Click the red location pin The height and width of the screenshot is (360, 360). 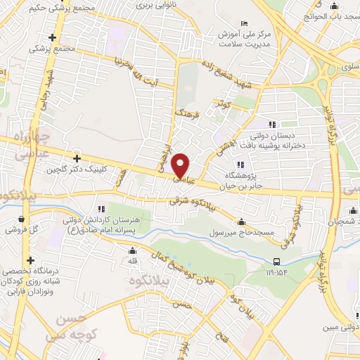181,165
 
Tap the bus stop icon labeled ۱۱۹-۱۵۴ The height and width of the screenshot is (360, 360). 276,262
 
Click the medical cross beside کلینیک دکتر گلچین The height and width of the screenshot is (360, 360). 77,159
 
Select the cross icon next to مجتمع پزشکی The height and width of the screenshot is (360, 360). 53,37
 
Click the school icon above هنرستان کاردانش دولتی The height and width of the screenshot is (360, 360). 101,209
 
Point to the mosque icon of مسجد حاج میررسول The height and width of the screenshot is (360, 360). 241,222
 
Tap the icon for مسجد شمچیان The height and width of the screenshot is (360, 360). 352,210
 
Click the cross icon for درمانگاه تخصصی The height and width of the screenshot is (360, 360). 30,260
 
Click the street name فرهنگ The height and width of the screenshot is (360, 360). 188,113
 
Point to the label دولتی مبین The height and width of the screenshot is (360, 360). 337,327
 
